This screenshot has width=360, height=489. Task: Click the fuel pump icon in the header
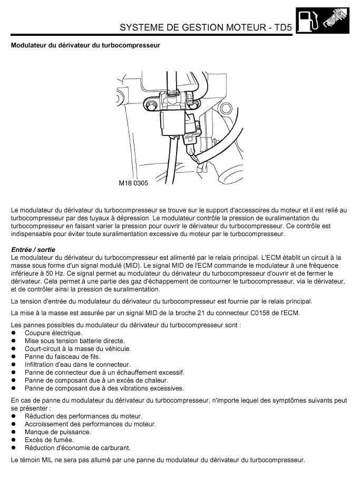tap(306, 21)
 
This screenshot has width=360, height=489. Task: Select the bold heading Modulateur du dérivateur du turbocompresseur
tap(85, 45)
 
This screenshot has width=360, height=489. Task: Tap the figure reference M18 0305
tap(133, 184)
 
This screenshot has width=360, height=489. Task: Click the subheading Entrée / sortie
tap(33, 249)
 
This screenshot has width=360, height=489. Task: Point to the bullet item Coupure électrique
tap(53, 333)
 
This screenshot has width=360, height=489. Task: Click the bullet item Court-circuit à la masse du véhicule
tap(77, 349)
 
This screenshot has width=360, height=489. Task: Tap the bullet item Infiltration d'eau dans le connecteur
tap(77, 365)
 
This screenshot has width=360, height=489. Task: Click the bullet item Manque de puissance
tap(57, 432)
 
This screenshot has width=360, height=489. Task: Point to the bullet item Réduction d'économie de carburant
tap(77, 448)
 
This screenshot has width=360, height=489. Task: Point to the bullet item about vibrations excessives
tap(104, 388)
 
